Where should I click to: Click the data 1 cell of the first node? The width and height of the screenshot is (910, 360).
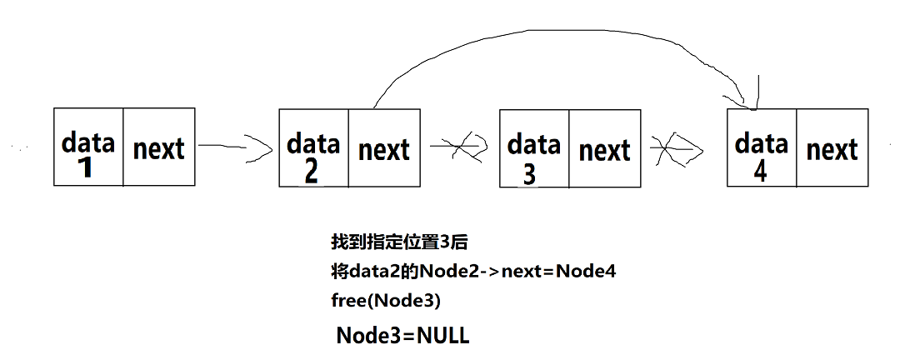coord(88,147)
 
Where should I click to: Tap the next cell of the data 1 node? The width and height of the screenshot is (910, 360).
coord(159,147)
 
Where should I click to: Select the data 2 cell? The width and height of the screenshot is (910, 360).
coord(313,147)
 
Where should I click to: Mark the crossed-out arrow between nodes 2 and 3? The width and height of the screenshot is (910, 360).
coord(458,147)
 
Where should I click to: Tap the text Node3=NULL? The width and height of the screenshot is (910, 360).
coord(402,336)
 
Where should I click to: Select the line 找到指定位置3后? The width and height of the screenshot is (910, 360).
coord(399,242)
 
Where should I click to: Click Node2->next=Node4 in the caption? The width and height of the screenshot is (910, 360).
coord(517,271)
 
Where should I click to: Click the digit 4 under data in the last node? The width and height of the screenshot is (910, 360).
coord(760,171)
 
